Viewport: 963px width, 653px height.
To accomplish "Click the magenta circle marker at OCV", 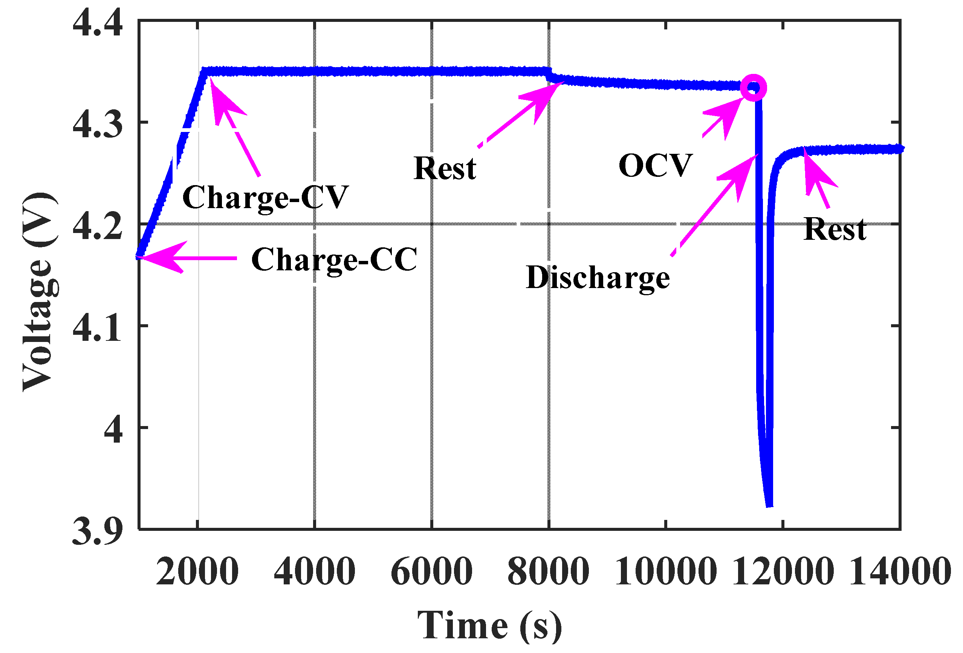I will [753, 87].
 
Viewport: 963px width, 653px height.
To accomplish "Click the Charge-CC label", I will [334, 259].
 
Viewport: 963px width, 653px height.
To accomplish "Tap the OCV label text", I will [655, 166].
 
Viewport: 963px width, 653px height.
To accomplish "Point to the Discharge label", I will [598, 277].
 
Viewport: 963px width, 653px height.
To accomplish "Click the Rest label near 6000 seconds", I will [445, 169].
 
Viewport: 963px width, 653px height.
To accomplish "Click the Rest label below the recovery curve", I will [835, 229].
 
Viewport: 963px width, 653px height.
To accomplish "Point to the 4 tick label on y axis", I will [113, 429].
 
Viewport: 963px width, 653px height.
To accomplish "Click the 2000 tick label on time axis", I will [197, 572].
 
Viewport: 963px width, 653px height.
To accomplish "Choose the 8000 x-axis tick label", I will [548, 572].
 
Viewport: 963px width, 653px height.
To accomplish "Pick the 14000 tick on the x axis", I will [900, 572].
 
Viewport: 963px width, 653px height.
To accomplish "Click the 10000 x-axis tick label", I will [665, 572].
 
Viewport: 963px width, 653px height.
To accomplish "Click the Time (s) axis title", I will [489, 626].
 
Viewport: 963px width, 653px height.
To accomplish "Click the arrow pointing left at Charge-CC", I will [186, 258].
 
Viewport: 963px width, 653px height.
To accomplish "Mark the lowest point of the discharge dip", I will [769, 505].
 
